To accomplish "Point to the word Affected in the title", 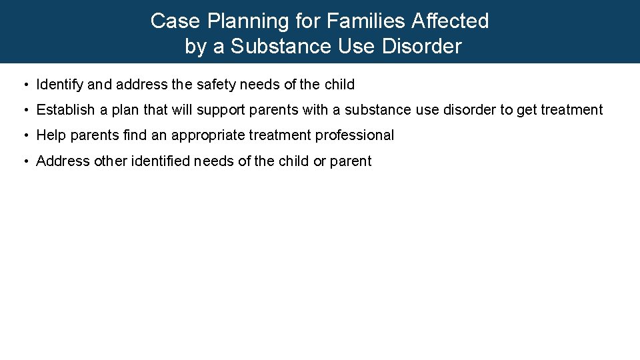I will pyautogui.click(x=450, y=21).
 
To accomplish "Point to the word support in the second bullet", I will pyautogui.click(x=219, y=111).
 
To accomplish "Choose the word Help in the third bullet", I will pyautogui.click(x=51, y=135).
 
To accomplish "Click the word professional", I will pyautogui.click(x=355, y=135).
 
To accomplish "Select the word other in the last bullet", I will pyautogui.click(x=109, y=161).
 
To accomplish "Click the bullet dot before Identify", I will pyautogui.click(x=24, y=85).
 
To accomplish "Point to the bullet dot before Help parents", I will pyautogui.click(x=24, y=136).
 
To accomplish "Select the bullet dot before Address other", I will pyautogui.click(x=24, y=161).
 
